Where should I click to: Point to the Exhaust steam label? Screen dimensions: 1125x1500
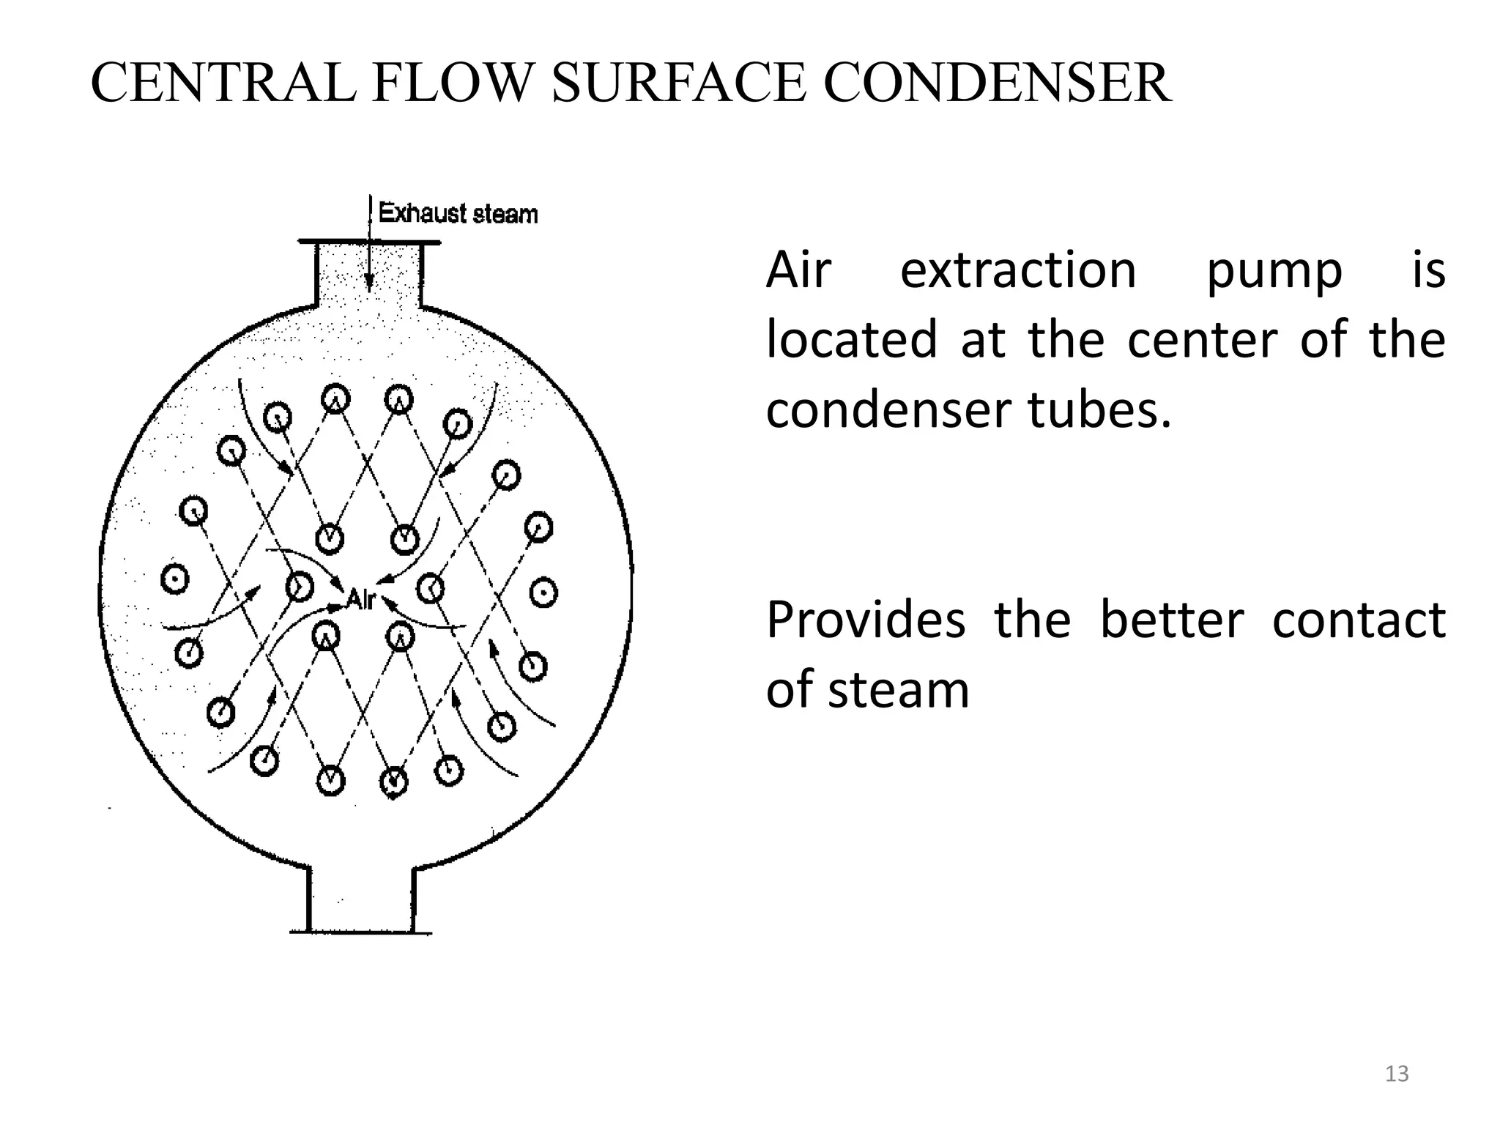pyautogui.click(x=458, y=214)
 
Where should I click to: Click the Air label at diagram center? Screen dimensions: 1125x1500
pyautogui.click(x=360, y=599)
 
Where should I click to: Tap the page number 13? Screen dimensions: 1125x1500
pyautogui.click(x=1397, y=1074)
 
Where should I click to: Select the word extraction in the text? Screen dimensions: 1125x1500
pyautogui.click(x=1018, y=270)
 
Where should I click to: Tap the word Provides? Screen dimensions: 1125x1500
pyautogui.click(x=866, y=620)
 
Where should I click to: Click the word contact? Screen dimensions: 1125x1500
pyautogui.click(x=1359, y=620)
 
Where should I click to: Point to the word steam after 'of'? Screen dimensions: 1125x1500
pyautogui.click(x=899, y=690)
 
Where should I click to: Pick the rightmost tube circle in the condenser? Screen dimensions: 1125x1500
pyautogui.click(x=543, y=593)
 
